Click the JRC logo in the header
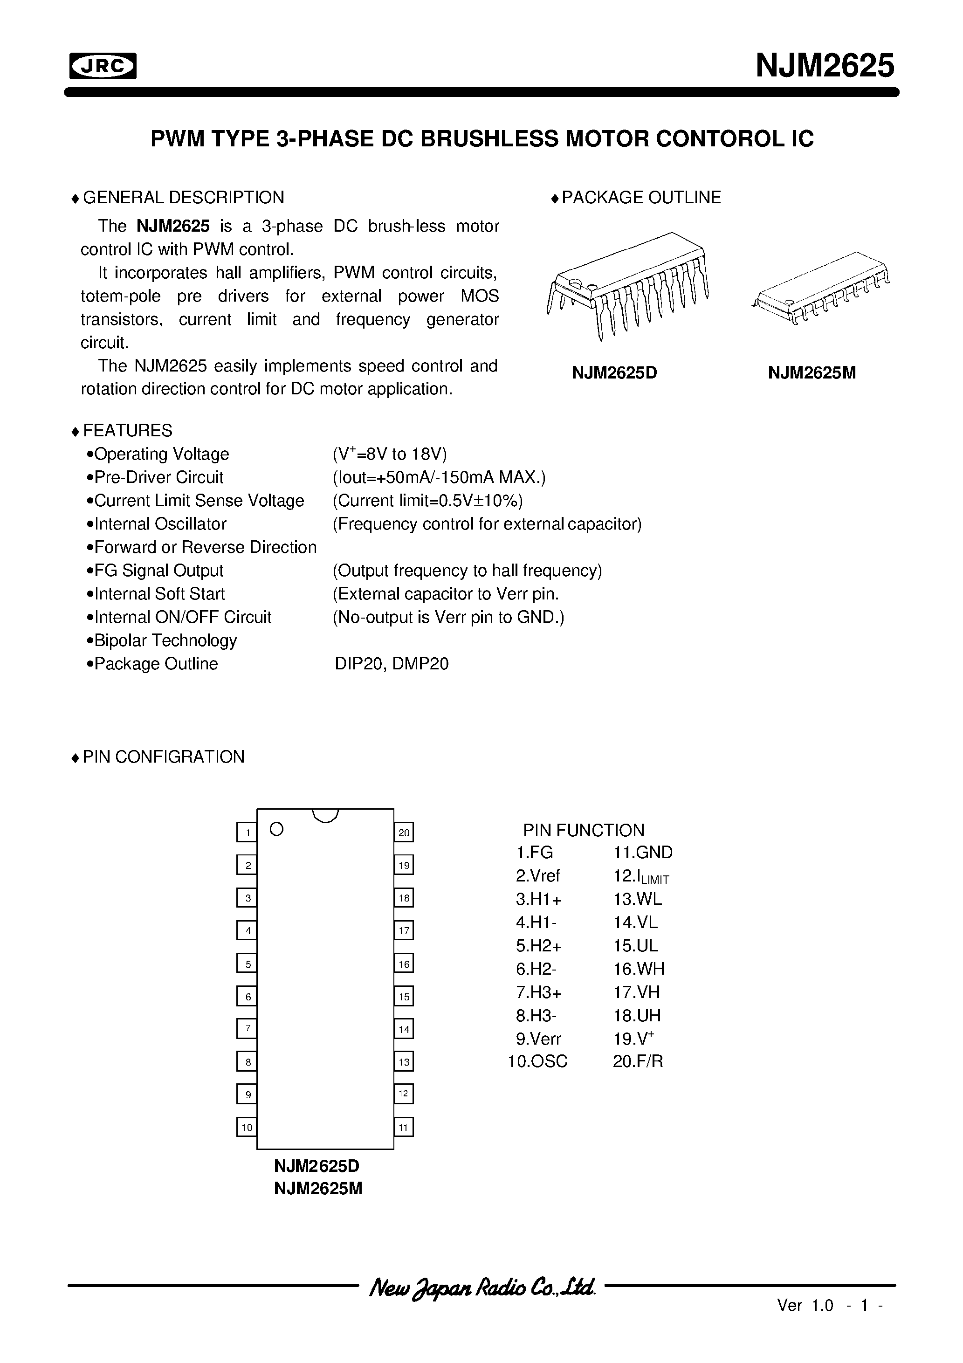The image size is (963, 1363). pyautogui.click(x=103, y=67)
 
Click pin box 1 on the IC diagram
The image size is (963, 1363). pyautogui.click(x=247, y=832)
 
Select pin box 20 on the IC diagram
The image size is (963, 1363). pyautogui.click(x=404, y=832)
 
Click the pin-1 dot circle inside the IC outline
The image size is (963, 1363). pyautogui.click(x=276, y=829)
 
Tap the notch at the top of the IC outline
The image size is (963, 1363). pyautogui.click(x=325, y=816)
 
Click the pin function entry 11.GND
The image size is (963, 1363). pyautogui.click(x=642, y=853)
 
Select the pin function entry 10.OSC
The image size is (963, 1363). pyautogui.click(x=537, y=1061)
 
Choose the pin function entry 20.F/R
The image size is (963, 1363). pyautogui.click(x=637, y=1061)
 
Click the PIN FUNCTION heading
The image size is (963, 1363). pyautogui.click(x=583, y=830)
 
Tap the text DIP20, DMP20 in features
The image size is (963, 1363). pyautogui.click(x=391, y=664)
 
